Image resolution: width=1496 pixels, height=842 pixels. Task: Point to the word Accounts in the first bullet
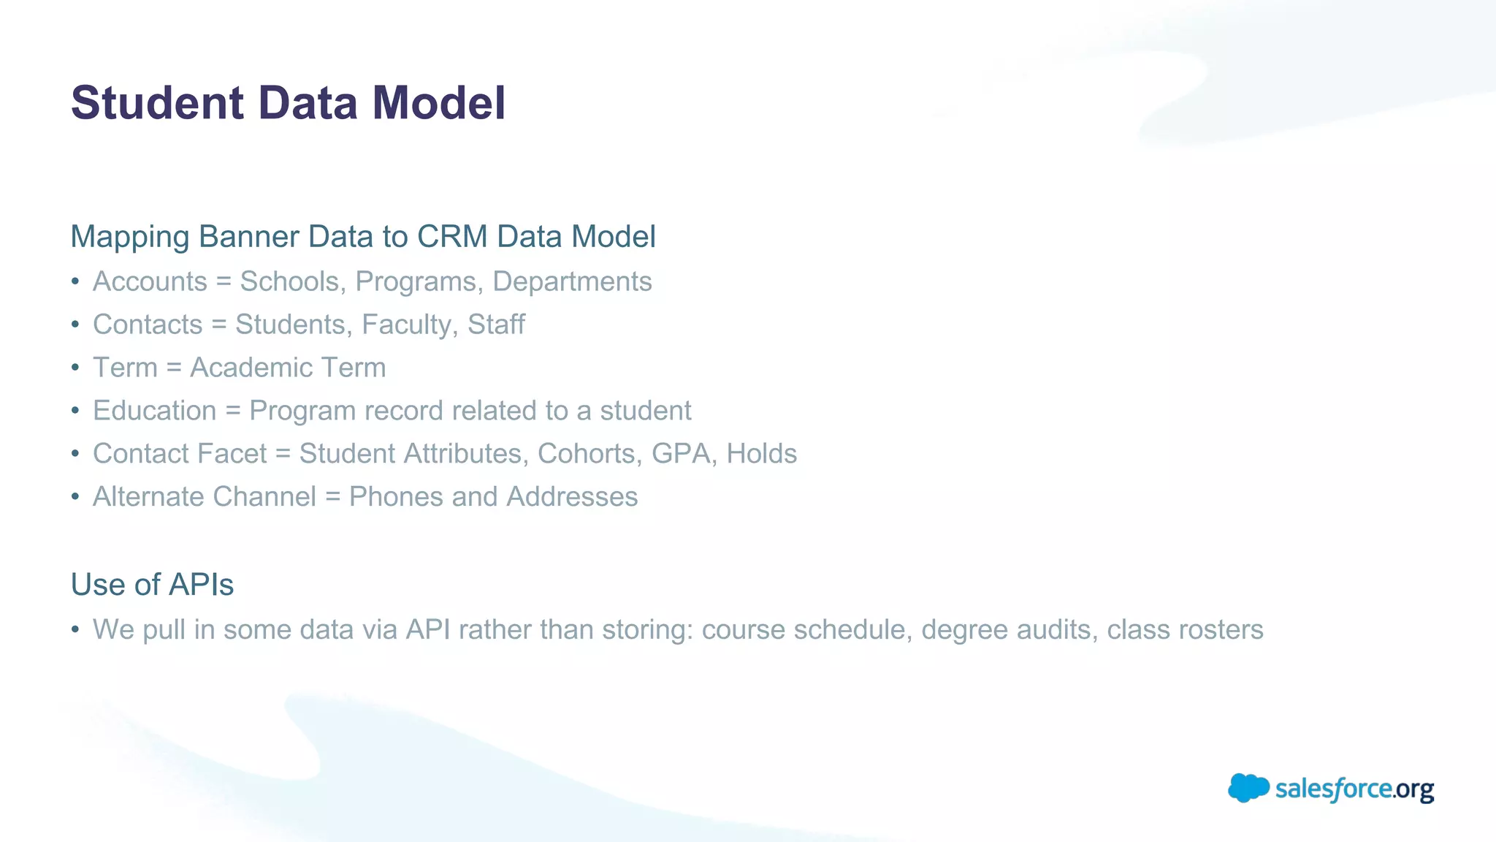tap(150, 281)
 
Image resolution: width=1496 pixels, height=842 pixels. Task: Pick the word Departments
tap(572, 281)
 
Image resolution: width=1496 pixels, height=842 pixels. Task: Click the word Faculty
tap(405, 325)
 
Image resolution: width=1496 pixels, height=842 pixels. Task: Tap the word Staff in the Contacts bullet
tap(496, 325)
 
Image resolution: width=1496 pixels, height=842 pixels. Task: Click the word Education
tap(155, 411)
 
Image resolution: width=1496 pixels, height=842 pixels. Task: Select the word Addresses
tap(572, 497)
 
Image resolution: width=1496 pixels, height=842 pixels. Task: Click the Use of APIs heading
tap(152, 585)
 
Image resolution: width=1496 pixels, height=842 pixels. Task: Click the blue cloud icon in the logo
tap(1248, 788)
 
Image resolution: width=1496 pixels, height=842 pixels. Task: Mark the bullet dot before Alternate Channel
tap(75, 497)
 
